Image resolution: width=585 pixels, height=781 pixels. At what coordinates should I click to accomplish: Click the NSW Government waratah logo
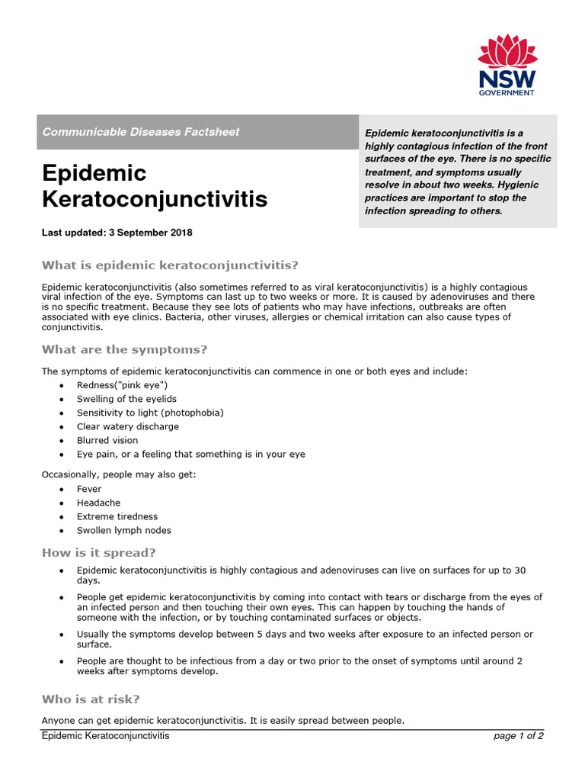coord(507,53)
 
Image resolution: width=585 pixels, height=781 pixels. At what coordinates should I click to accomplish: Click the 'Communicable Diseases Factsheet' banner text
coord(141,132)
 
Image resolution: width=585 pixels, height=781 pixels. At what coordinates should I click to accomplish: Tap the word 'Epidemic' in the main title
coord(94,173)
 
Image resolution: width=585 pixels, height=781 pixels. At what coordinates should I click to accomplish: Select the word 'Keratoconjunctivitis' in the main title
coord(155,200)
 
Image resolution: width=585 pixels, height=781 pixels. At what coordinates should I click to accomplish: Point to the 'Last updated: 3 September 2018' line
coord(117,233)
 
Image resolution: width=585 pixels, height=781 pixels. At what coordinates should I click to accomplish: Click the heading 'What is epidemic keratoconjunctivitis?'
coord(170,265)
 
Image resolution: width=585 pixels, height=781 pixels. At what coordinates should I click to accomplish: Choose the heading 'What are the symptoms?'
coord(124,350)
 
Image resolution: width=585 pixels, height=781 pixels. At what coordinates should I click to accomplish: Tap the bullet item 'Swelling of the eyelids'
coord(126,399)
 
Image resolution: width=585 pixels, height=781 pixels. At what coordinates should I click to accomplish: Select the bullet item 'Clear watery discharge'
coord(128,426)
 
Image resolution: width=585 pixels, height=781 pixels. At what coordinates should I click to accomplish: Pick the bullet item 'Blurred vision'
coord(107,440)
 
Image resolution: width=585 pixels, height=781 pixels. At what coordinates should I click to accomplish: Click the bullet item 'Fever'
coord(89,489)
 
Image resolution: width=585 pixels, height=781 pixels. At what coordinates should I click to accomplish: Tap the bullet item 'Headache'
coord(98,503)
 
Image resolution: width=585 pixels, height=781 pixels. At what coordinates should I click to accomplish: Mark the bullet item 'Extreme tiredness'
coord(117,516)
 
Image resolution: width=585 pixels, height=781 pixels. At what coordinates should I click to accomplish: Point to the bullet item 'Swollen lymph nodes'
coord(124,530)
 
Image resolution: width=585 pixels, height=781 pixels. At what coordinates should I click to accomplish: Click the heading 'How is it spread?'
coord(98,553)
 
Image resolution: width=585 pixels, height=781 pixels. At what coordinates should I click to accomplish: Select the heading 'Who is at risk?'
coord(91,699)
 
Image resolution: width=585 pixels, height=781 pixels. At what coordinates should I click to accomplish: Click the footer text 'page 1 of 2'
coord(518,736)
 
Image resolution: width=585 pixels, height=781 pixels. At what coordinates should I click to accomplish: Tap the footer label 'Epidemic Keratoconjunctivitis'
coord(105,736)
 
